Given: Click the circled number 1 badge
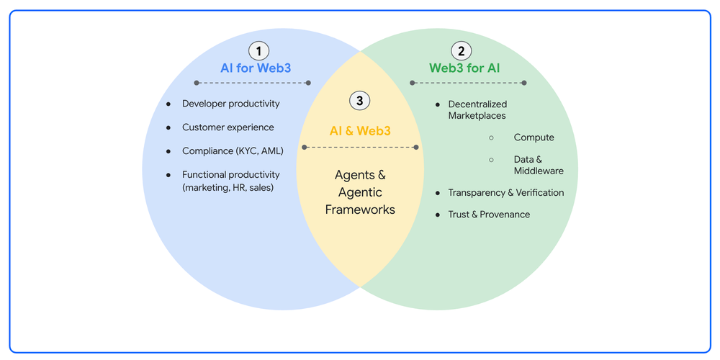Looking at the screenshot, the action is click(258, 50).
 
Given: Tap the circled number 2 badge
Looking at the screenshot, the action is click(462, 50).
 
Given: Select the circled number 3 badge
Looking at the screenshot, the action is click(359, 101).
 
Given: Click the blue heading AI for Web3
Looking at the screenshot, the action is click(256, 68).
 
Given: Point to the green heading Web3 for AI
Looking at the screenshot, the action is click(464, 68).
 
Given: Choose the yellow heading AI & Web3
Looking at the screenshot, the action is click(360, 130).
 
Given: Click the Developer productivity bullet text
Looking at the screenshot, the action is click(231, 104).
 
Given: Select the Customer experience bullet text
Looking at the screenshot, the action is click(228, 127).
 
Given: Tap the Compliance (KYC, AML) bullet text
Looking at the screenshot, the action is click(233, 151).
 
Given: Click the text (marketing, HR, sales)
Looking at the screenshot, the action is click(228, 187).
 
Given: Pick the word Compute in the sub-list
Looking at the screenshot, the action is click(534, 138).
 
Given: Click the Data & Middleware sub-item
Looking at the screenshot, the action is click(539, 166).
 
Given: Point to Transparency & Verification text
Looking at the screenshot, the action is click(506, 193).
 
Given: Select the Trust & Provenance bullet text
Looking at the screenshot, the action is click(489, 215).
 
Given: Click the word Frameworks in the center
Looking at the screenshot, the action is click(360, 210).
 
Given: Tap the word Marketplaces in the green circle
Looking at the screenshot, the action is click(477, 116).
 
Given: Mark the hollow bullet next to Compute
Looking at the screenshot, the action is click(491, 138).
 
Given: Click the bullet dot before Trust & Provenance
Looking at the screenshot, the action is click(438, 215).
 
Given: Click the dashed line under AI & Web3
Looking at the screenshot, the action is click(360, 148).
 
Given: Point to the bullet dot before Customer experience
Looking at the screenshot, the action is click(168, 127).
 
